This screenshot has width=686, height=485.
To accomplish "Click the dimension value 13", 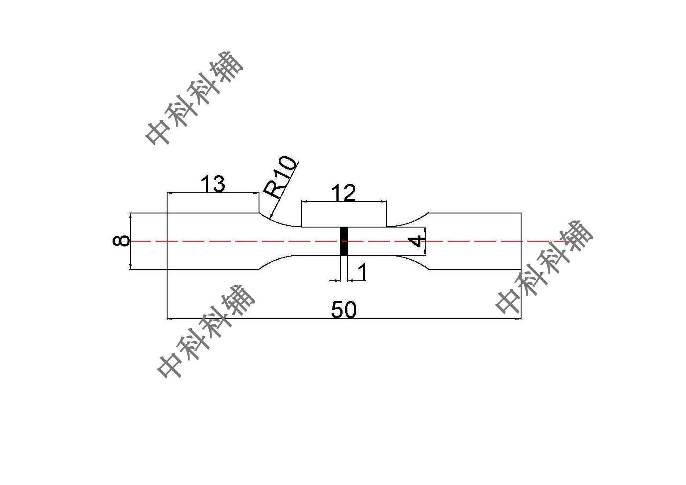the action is pyautogui.click(x=212, y=184).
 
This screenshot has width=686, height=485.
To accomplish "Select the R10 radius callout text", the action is pyautogui.click(x=280, y=177).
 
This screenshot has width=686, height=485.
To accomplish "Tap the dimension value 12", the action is pyautogui.click(x=343, y=192).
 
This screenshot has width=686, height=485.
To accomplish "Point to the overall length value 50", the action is pyautogui.click(x=344, y=310).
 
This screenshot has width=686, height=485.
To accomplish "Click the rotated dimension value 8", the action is pyautogui.click(x=121, y=241).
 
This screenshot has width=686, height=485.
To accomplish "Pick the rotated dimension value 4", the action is pyautogui.click(x=416, y=241).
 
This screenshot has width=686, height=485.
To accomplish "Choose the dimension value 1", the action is pyautogui.click(x=362, y=272).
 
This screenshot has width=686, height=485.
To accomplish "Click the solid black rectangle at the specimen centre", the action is pyautogui.click(x=344, y=241).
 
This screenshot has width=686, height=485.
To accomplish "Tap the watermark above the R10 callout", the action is pyautogui.click(x=194, y=98).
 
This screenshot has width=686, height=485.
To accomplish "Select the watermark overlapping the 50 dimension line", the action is pyautogui.click(x=206, y=331).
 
